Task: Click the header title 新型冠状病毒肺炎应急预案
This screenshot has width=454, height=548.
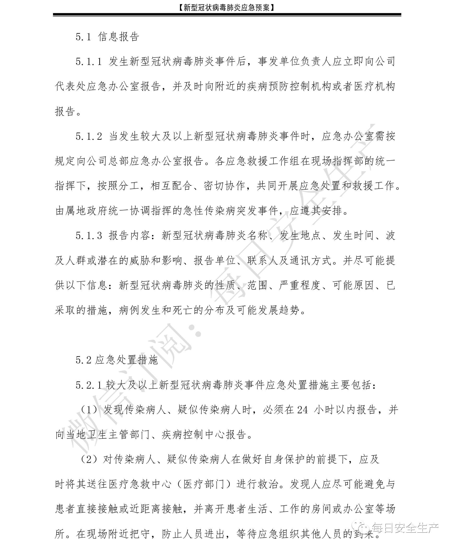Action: [x=227, y=8]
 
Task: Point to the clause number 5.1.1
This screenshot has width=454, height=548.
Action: [x=89, y=62]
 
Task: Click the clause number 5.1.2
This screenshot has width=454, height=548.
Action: [x=89, y=136]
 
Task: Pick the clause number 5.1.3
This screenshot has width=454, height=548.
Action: [x=89, y=236]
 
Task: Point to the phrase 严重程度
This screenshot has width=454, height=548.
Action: [x=300, y=285]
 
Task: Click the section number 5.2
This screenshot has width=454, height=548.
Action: [x=83, y=360]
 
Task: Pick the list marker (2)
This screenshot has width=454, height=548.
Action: [x=89, y=459]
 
